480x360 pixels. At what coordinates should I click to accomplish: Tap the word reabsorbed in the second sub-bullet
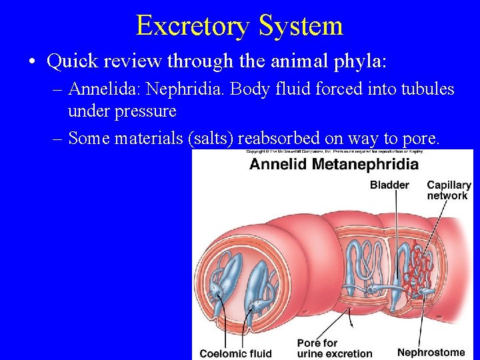click(279, 138)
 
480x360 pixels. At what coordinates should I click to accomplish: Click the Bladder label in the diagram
click(389, 185)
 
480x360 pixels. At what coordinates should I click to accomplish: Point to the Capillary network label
click(449, 190)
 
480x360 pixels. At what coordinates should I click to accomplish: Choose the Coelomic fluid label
click(235, 353)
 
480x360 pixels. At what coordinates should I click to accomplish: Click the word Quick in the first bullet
click(70, 61)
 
